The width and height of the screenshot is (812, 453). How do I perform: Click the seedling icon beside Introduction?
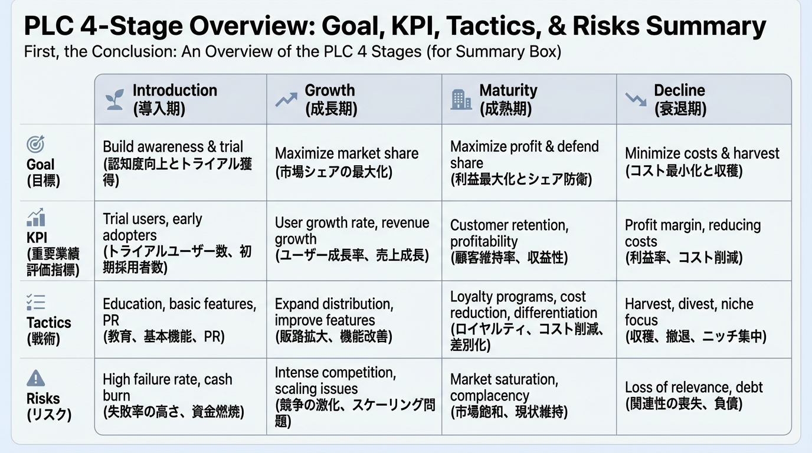[x=114, y=99]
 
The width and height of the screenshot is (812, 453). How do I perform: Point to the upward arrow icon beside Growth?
[x=286, y=100]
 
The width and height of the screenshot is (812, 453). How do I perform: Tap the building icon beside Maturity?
[x=461, y=100]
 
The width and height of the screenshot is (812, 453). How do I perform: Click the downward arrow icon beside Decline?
[x=636, y=99]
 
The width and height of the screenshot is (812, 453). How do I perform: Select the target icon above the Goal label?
[x=35, y=144]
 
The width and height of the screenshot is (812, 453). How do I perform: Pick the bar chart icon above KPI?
[x=36, y=217]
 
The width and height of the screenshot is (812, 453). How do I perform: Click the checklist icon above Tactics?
[x=36, y=302]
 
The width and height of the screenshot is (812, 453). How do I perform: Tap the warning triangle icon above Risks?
[x=36, y=378]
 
